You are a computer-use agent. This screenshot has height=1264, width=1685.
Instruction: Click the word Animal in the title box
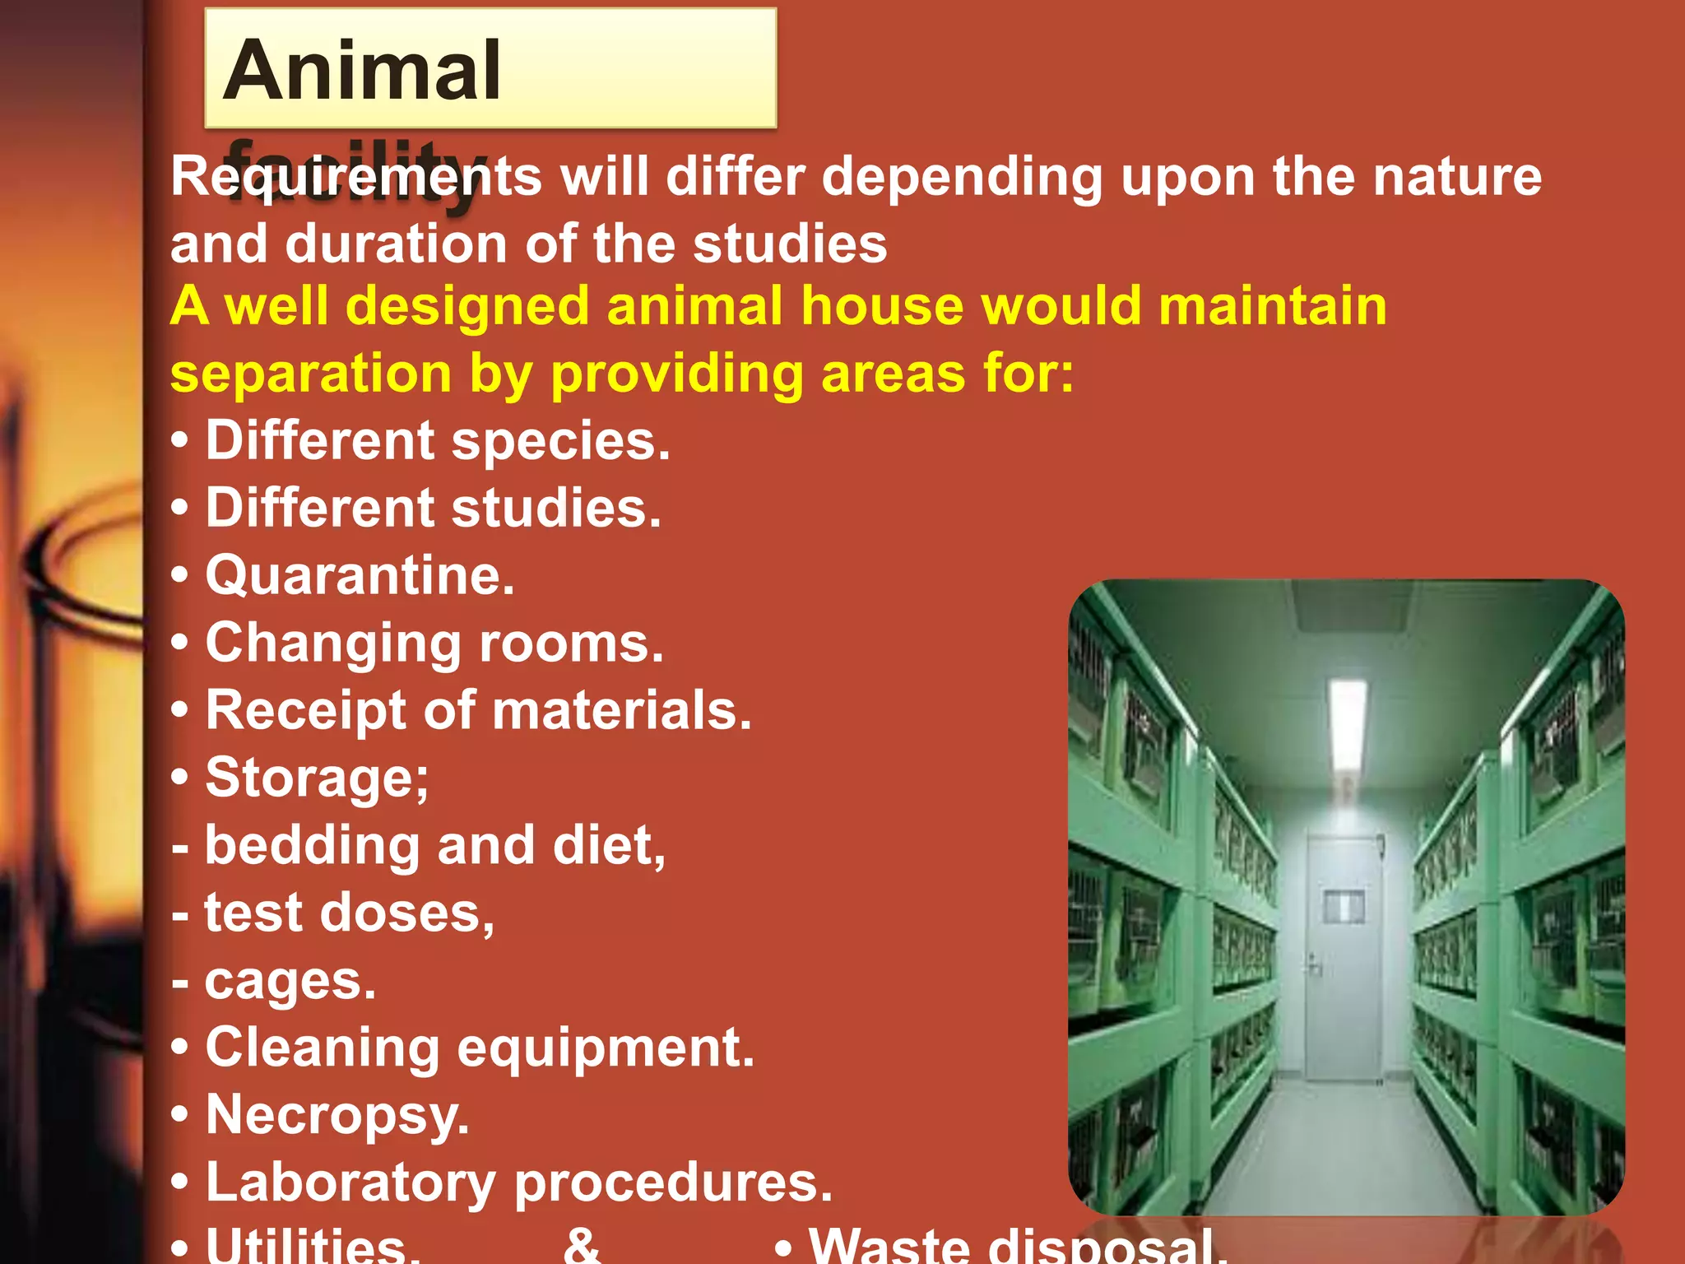[361, 72]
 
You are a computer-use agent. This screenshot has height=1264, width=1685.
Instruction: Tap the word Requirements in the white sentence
[355, 177]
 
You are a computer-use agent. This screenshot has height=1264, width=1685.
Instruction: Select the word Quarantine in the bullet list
[360, 575]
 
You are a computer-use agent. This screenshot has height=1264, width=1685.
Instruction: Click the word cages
[290, 981]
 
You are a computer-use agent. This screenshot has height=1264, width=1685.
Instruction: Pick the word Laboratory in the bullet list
[350, 1183]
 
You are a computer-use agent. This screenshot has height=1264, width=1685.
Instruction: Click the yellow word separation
[311, 374]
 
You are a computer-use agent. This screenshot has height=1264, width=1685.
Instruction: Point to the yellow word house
[882, 306]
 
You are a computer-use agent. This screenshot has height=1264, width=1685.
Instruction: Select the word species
[560, 441]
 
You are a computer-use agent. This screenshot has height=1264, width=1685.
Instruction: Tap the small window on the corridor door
[1344, 905]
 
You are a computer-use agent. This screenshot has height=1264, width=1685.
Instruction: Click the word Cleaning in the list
[322, 1048]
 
